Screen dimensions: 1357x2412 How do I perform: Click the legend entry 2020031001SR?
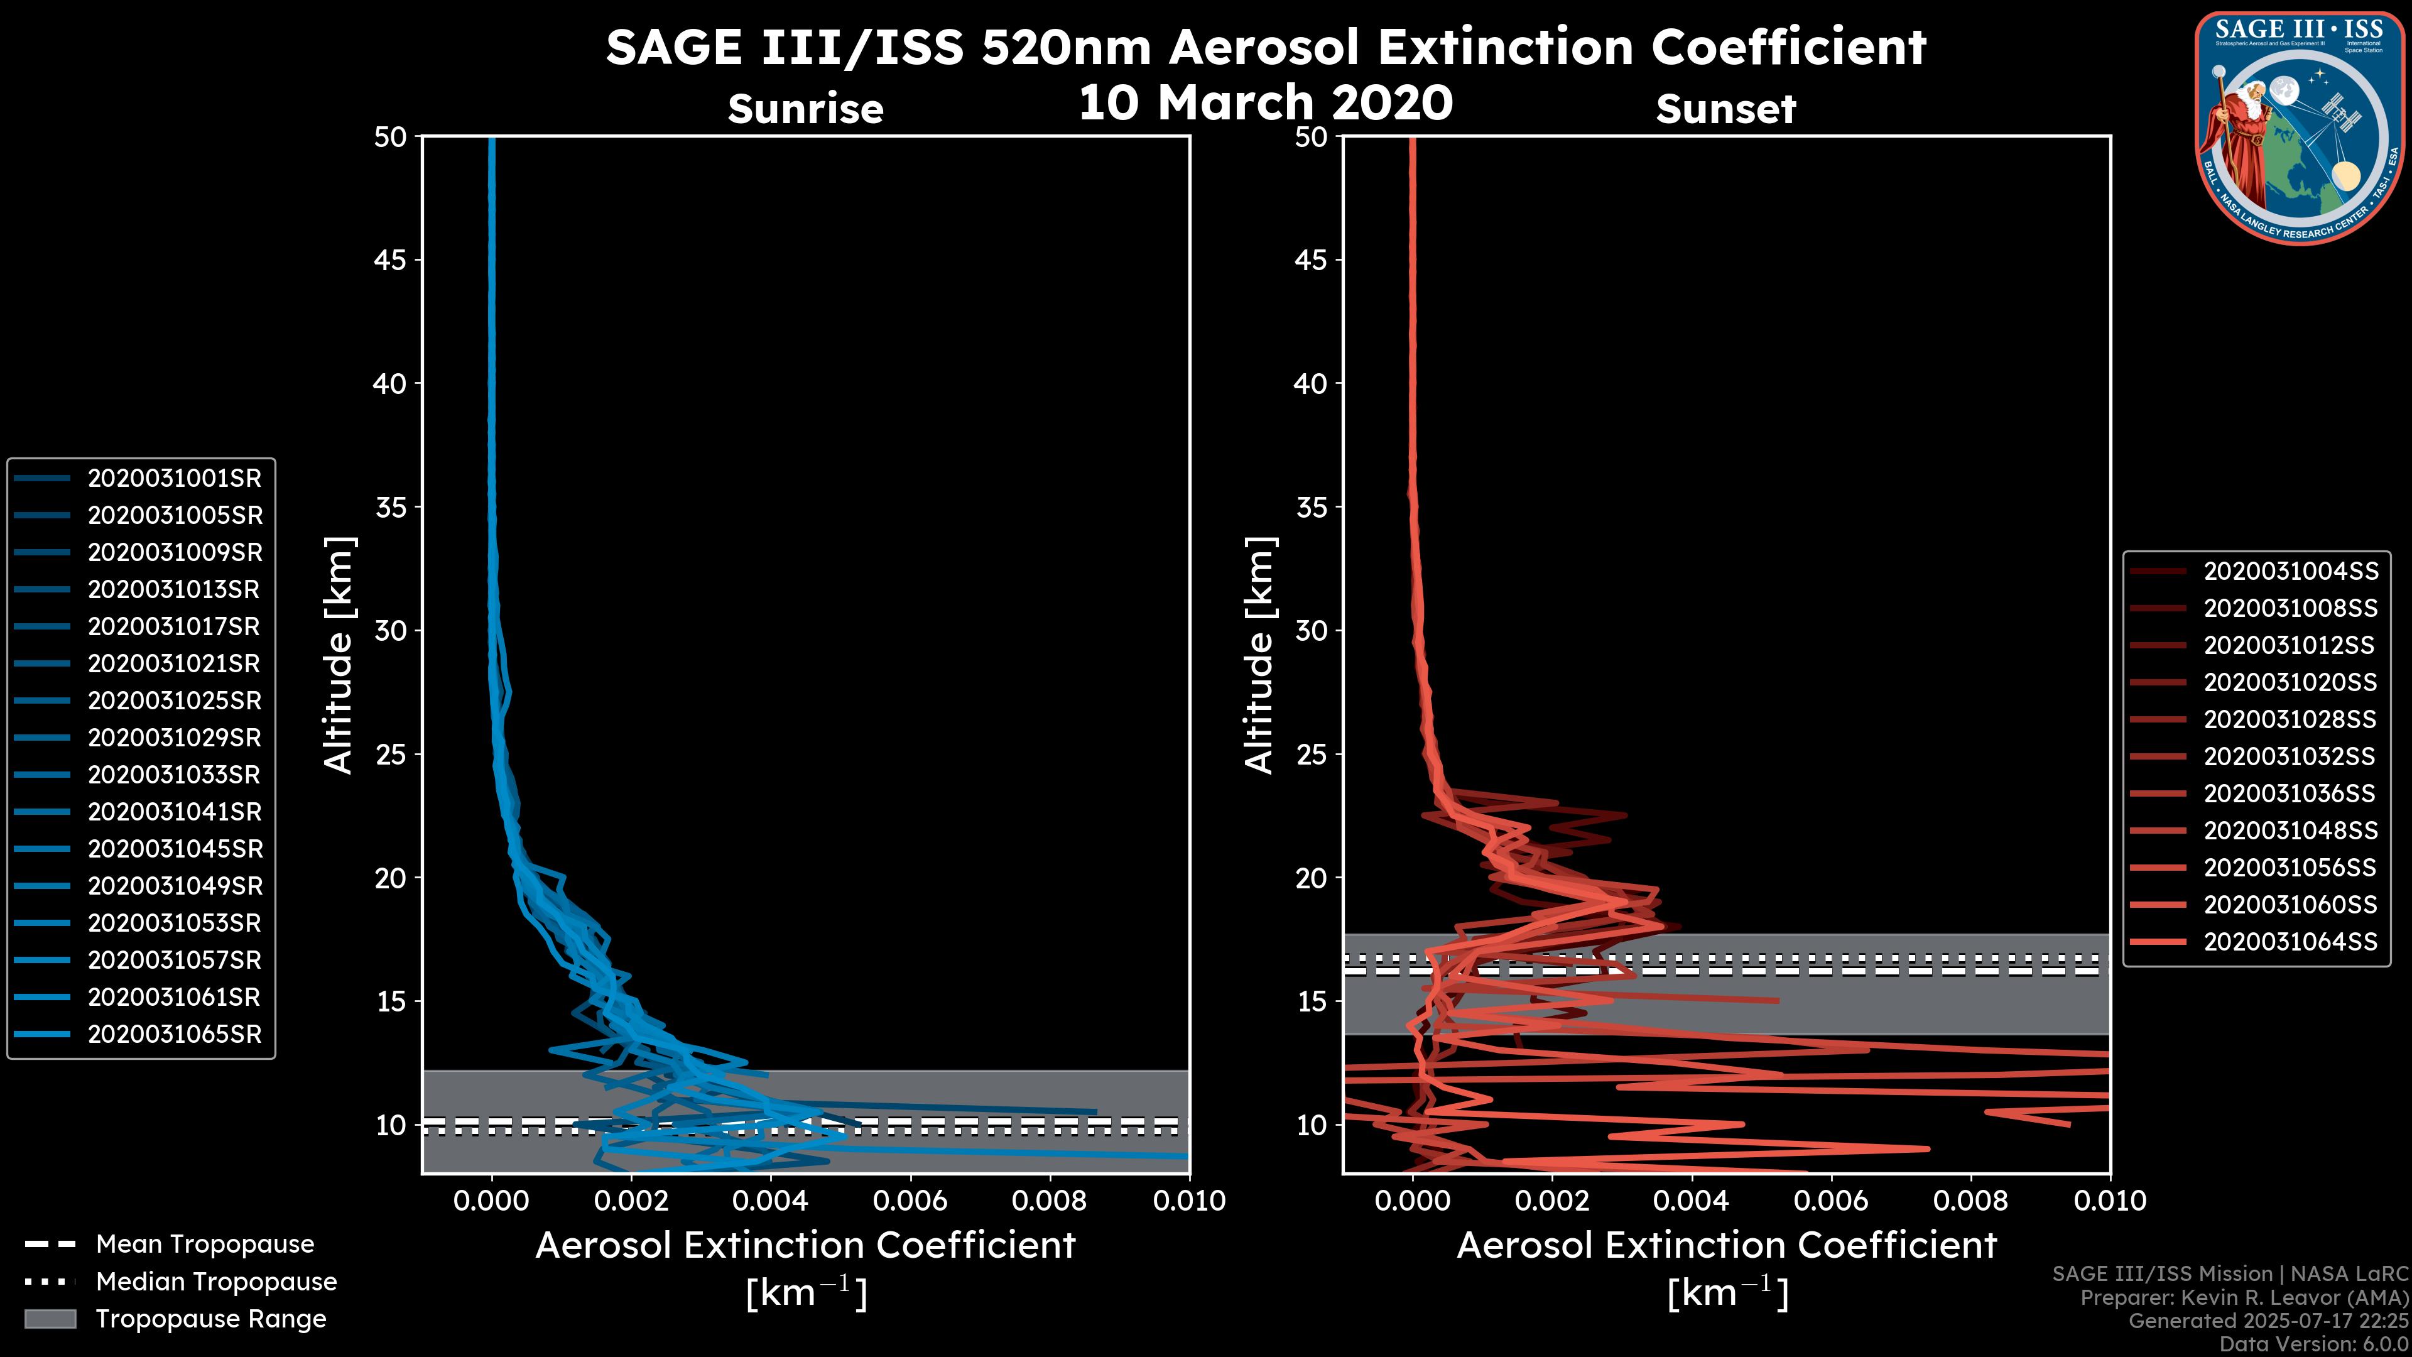click(x=174, y=479)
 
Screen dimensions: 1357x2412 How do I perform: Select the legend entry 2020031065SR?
click(x=174, y=1035)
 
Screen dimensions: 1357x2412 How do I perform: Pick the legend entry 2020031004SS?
click(x=2290, y=571)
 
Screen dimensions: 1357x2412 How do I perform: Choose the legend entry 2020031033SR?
click(x=174, y=775)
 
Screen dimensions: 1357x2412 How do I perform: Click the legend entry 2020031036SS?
click(x=2290, y=794)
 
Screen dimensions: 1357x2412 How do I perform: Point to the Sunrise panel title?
click(x=805, y=109)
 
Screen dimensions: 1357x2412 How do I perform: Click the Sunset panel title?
click(x=1725, y=109)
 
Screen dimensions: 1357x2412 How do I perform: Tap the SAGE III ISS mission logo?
click(x=2299, y=128)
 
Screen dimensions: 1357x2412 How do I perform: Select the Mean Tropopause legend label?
click(x=205, y=1245)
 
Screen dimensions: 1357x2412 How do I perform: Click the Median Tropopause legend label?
click(x=216, y=1282)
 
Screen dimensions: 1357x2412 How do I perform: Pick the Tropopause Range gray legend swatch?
click(x=50, y=1319)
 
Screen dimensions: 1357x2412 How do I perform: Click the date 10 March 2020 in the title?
click(x=1265, y=103)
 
